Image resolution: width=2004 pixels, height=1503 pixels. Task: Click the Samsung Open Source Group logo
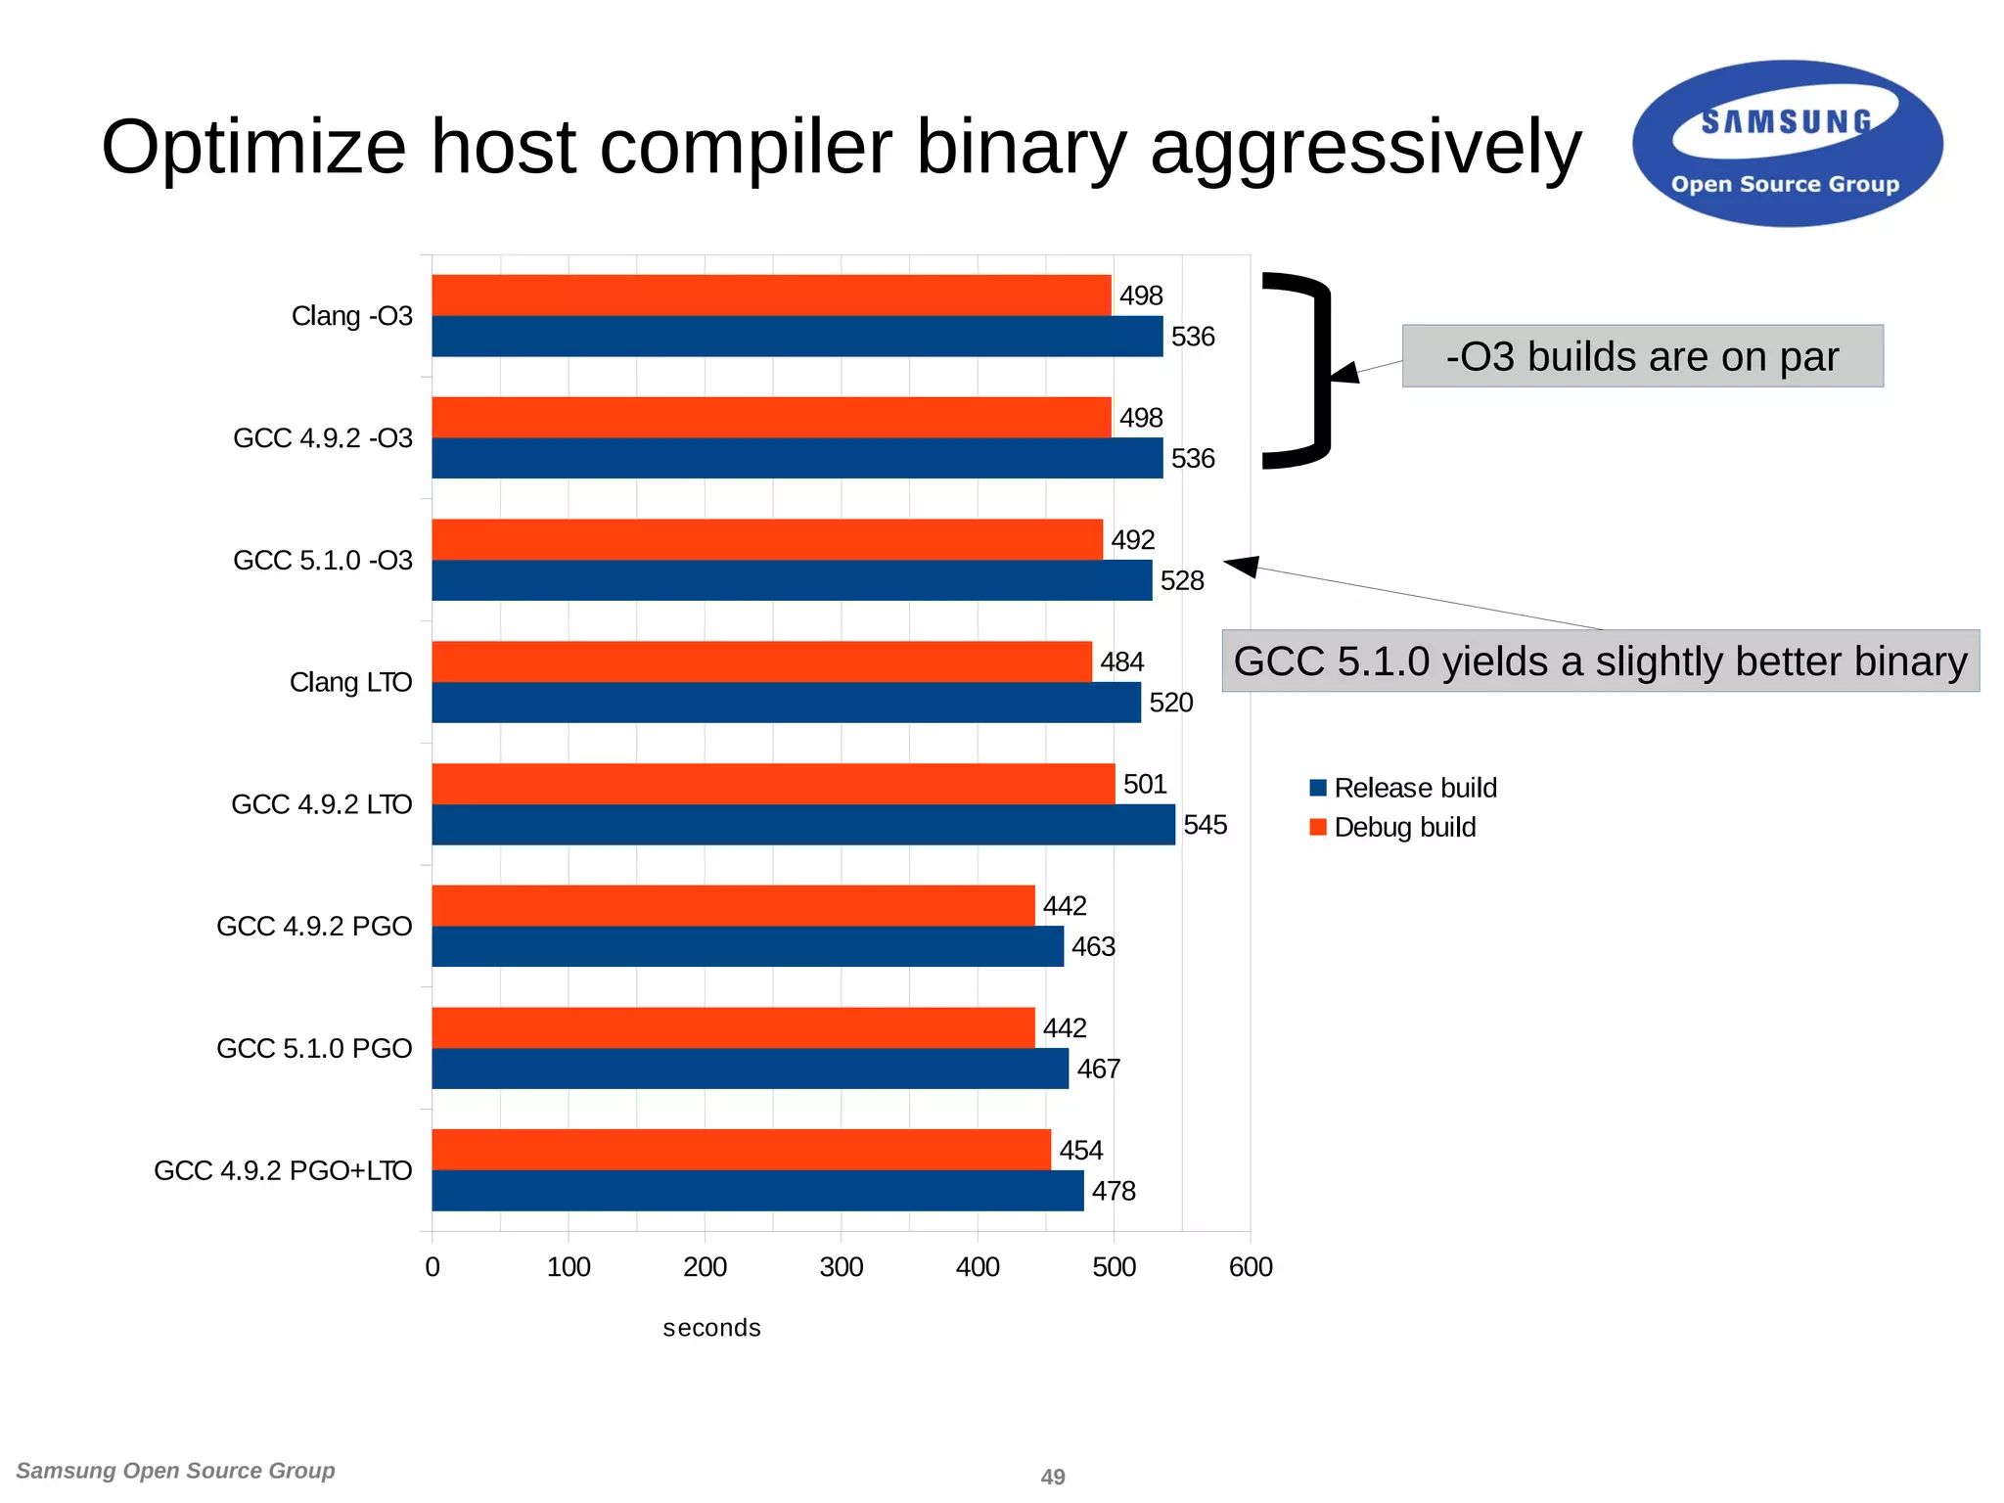(1787, 144)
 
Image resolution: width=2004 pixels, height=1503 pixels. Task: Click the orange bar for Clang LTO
(761, 661)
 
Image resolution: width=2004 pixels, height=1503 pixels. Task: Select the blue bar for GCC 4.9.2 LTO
(802, 825)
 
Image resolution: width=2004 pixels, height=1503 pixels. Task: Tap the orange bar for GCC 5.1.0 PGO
(733, 1027)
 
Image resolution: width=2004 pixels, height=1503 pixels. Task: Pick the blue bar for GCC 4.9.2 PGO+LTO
(757, 1191)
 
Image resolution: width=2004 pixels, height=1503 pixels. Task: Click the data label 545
(1205, 825)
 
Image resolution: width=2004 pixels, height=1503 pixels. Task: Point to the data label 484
(1121, 662)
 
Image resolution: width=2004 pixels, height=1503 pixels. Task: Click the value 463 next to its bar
(1093, 947)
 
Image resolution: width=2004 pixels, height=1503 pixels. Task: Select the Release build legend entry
(1403, 788)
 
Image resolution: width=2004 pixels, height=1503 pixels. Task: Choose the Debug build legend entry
(1392, 828)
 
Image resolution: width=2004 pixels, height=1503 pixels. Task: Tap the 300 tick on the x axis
(841, 1267)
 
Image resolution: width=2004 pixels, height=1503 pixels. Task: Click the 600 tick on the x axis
(1251, 1267)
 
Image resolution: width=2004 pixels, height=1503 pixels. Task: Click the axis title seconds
(711, 1328)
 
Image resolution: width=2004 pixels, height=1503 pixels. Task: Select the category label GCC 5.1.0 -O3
(323, 561)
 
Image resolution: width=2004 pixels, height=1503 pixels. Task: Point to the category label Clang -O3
(352, 316)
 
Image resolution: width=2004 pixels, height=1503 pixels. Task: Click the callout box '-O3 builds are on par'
(1642, 356)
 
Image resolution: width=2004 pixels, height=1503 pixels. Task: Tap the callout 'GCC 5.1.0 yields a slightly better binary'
(1600, 661)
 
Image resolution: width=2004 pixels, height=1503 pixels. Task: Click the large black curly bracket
(1311, 370)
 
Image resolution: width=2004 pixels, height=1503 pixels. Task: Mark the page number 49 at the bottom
(1053, 1477)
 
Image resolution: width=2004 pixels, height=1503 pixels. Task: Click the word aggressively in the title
(1365, 147)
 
